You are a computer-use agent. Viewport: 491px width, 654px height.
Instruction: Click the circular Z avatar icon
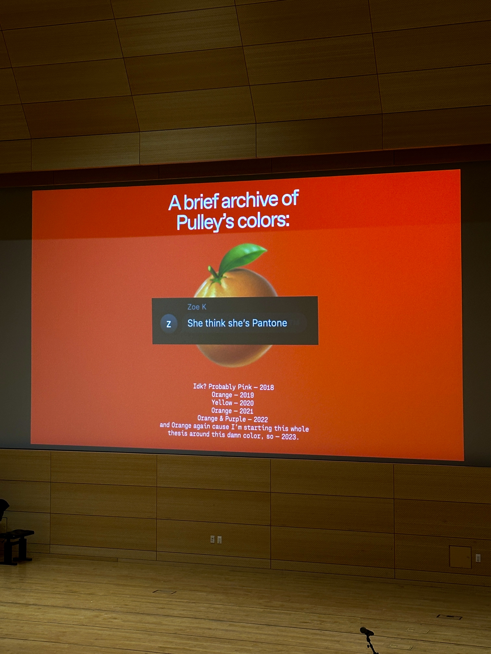click(x=169, y=324)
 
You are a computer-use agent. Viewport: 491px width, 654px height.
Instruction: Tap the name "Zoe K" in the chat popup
click(x=197, y=307)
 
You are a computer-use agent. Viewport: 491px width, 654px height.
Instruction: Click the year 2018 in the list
click(x=267, y=387)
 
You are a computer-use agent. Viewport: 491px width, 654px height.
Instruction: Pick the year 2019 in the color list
click(x=247, y=395)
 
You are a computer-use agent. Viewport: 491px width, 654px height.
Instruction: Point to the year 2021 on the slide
click(x=246, y=411)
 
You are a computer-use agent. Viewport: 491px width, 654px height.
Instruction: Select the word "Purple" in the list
click(x=235, y=419)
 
